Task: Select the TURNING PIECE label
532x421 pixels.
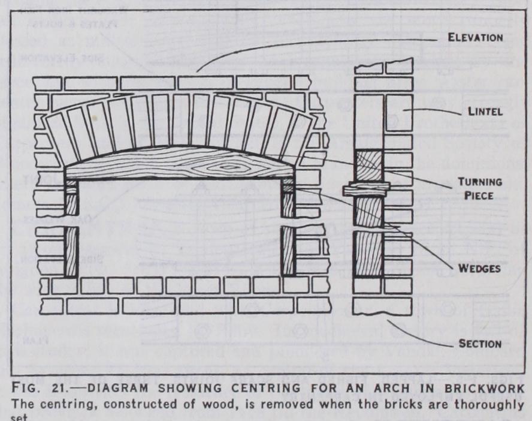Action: (479, 187)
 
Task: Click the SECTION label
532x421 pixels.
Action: (479, 344)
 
